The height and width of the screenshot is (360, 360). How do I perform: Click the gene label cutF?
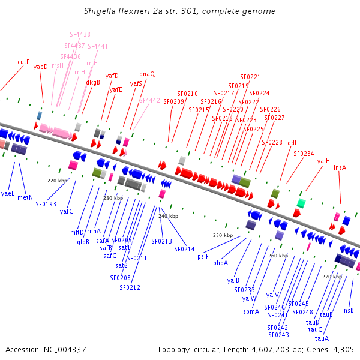[x=23, y=62]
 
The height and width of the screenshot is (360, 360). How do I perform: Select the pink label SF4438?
[x=80, y=35]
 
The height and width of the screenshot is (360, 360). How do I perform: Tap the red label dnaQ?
[x=147, y=74]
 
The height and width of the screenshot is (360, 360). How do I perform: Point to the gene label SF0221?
[x=250, y=77]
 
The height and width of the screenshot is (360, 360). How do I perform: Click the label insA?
[x=340, y=167]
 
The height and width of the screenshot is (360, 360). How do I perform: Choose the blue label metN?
[x=25, y=197]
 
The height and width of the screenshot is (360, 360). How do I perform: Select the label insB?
[x=348, y=311]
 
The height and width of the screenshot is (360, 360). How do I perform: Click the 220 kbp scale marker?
[x=56, y=180]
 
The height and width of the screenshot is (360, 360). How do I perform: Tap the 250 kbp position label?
[x=223, y=235]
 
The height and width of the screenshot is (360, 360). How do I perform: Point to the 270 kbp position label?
[x=331, y=277]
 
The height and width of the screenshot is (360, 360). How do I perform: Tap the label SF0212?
[x=130, y=287]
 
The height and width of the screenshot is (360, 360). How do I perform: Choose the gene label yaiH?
[x=324, y=161]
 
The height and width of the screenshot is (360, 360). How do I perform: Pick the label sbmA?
[x=251, y=312]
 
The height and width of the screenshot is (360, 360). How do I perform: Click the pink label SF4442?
[x=150, y=101]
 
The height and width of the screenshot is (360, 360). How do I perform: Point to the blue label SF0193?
[x=46, y=204]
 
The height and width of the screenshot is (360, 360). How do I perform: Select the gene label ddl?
[x=292, y=143]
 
